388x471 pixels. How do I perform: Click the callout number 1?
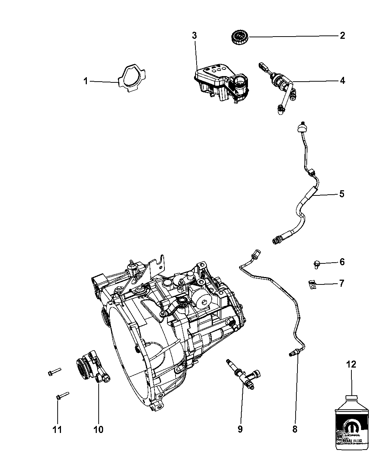click(86, 81)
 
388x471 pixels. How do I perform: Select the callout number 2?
click(342, 36)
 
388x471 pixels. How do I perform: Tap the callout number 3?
click(194, 36)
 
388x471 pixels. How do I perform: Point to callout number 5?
click(342, 194)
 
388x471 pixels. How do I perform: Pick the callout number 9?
click(240, 429)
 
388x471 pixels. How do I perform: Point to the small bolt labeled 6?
click(316, 263)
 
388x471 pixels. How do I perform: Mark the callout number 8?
click(295, 429)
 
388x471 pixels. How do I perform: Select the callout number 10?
click(98, 429)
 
